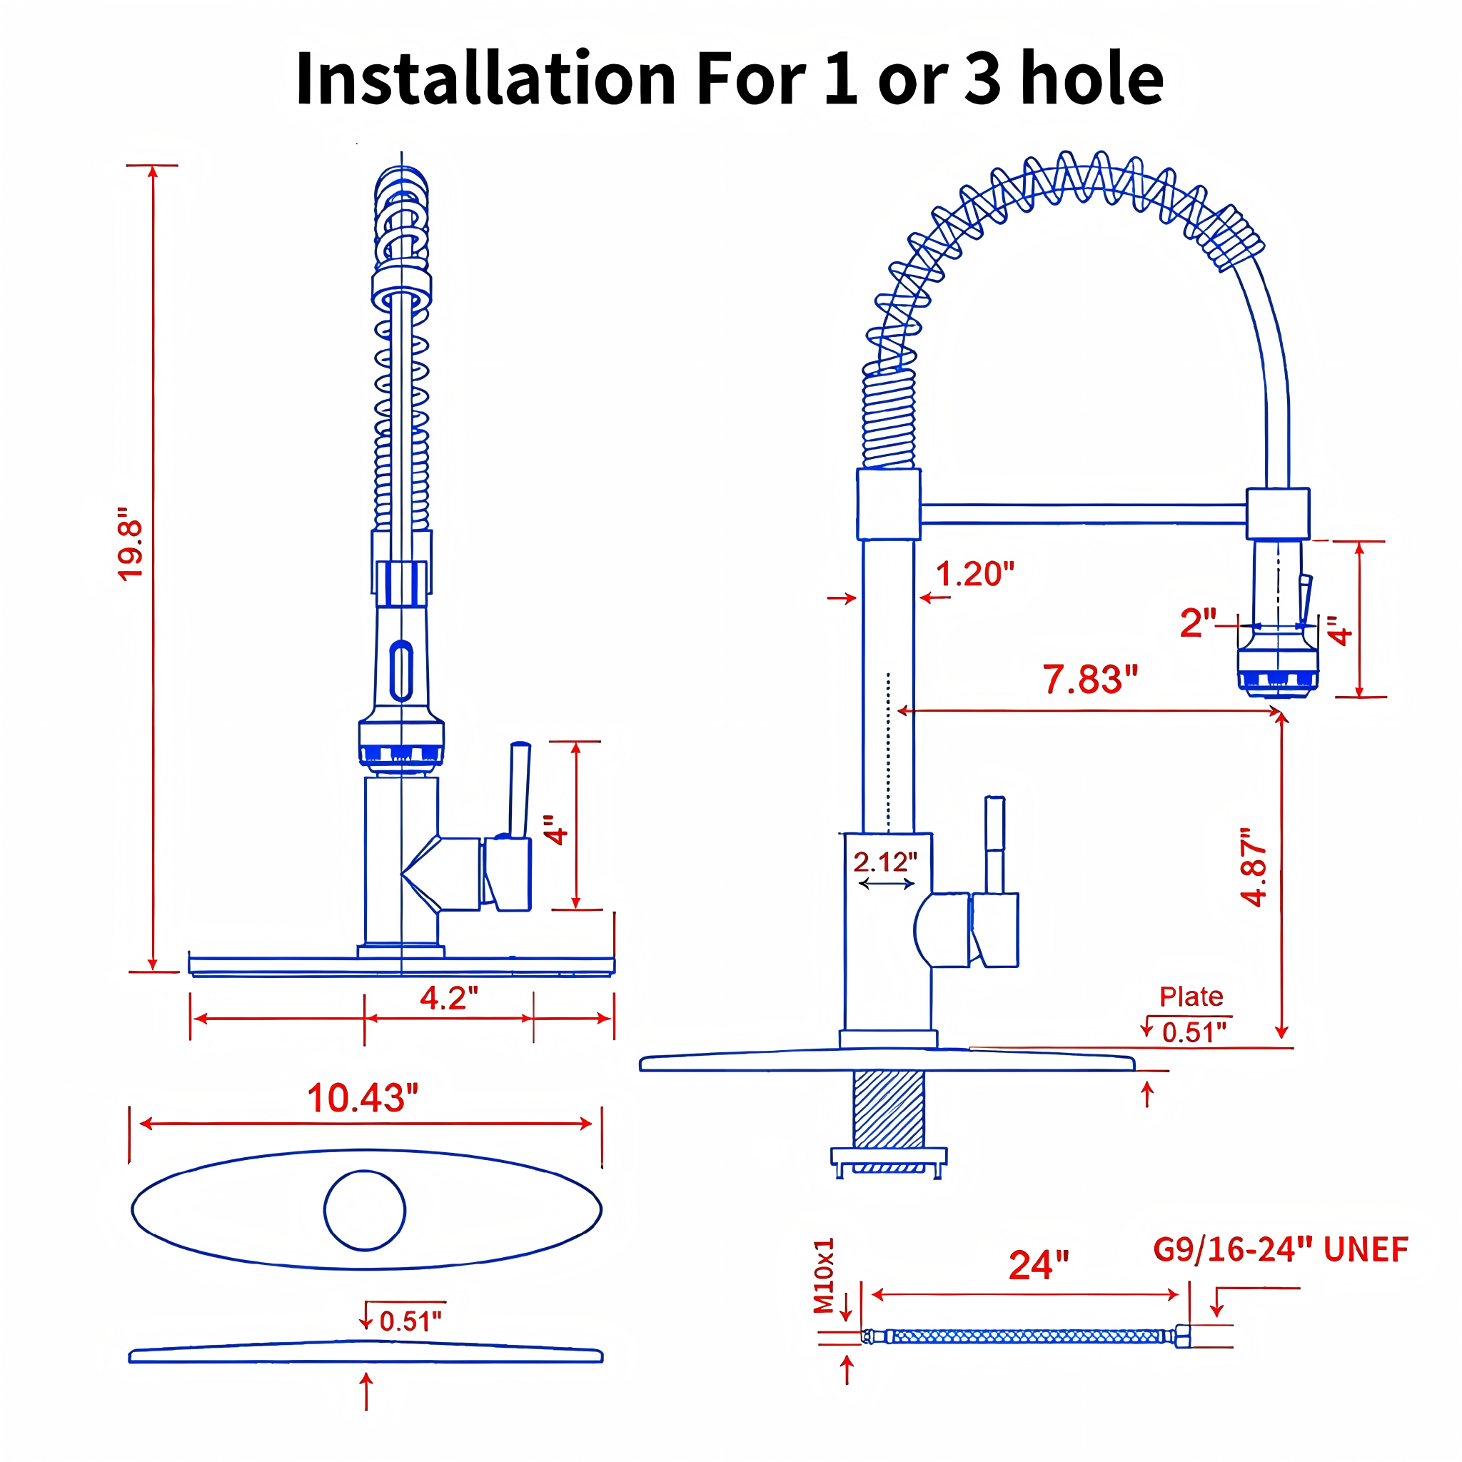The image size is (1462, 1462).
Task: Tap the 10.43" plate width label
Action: (363, 1098)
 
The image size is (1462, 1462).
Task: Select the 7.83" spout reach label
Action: (1091, 679)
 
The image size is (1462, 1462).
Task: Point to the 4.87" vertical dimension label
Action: (1254, 867)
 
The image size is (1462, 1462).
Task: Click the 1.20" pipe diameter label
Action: (974, 574)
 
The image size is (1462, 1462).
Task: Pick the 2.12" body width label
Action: (885, 862)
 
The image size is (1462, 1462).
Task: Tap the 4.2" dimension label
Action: (449, 998)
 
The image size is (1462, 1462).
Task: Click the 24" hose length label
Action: (1038, 1265)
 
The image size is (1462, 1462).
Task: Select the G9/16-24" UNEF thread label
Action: (1281, 1249)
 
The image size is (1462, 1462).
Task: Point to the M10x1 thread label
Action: (824, 1276)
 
